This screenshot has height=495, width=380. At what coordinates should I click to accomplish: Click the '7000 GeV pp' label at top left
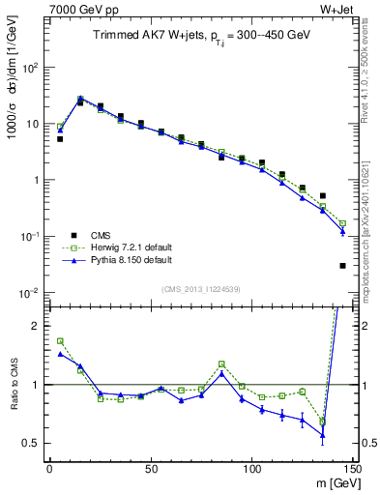(x=75, y=9)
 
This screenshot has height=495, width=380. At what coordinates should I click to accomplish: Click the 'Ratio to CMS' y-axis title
(x=13, y=385)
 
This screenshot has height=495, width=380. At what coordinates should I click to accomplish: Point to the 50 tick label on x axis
(x=151, y=468)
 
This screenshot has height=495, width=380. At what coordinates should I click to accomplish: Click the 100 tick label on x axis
(x=251, y=468)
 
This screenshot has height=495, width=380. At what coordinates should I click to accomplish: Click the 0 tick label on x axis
(x=49, y=468)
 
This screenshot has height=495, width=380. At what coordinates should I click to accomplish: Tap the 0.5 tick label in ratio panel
(x=32, y=443)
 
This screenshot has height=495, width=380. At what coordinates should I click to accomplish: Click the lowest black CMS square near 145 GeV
(x=343, y=266)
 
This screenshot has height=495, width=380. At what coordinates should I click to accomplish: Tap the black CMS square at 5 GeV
(x=60, y=139)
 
